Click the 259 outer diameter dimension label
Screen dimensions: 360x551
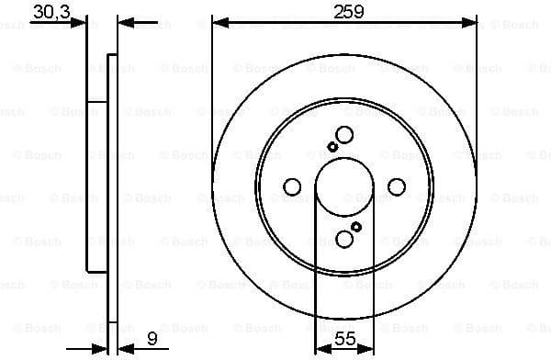click(344, 11)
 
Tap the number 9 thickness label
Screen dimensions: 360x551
click(152, 339)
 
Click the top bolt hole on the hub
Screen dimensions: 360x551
click(344, 134)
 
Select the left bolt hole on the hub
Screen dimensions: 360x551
click(292, 187)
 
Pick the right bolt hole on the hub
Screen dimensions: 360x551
click(397, 187)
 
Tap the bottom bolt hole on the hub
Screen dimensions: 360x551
click(344, 240)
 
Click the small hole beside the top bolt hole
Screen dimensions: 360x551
click(332, 147)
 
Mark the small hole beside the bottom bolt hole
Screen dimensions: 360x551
click(356, 227)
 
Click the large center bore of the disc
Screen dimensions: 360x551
click(344, 187)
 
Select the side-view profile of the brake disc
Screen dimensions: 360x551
click(97, 184)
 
